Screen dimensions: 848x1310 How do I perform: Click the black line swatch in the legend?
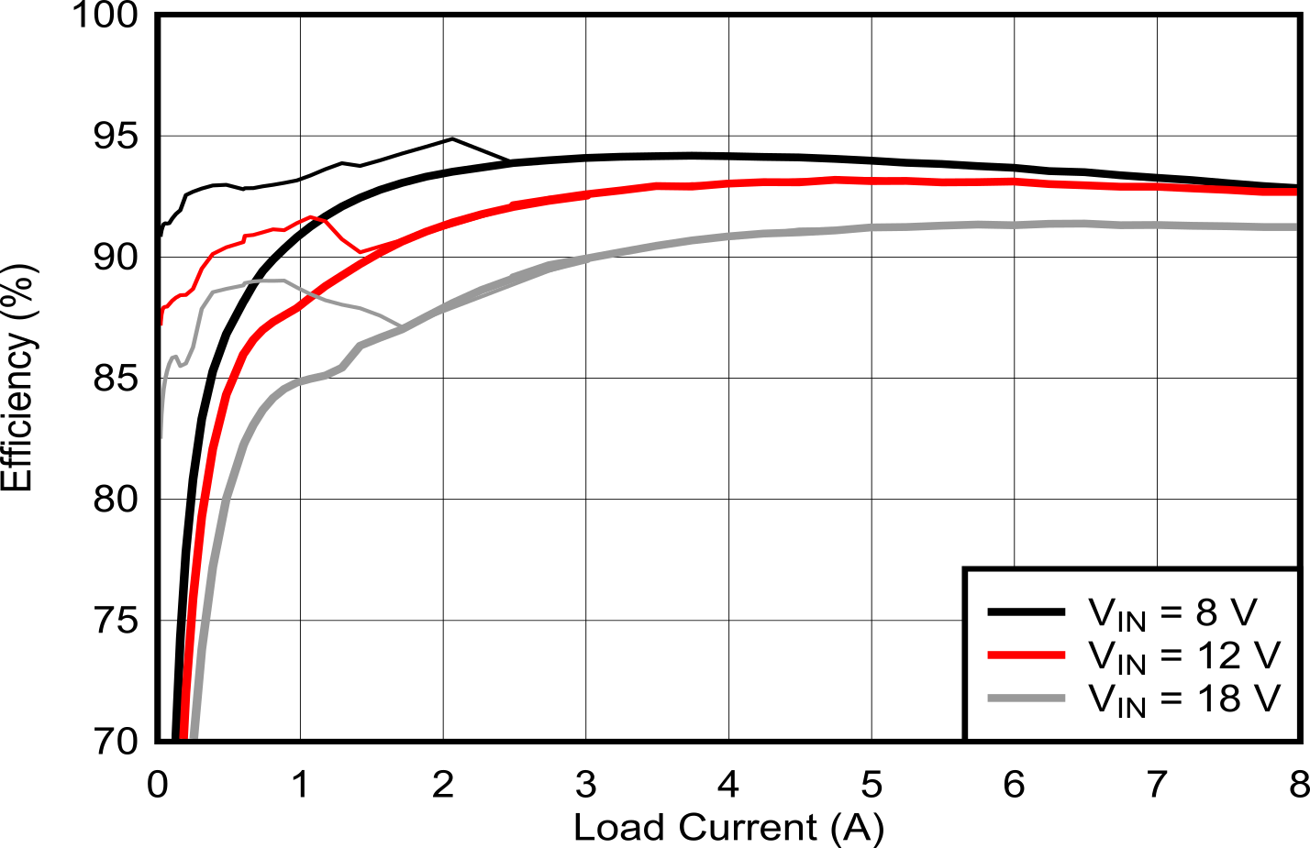point(1026,611)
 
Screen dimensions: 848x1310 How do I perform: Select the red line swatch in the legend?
point(1026,655)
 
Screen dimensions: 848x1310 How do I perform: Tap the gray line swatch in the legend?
point(1026,699)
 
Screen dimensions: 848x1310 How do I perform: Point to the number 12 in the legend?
point(1217,655)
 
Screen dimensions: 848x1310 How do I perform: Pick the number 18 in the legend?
point(1217,699)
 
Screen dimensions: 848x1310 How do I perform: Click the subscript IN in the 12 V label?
point(1132,664)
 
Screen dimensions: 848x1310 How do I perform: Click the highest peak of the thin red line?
point(312,216)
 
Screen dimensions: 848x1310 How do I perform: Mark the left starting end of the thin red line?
point(162,324)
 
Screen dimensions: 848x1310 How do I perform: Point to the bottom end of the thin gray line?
point(162,437)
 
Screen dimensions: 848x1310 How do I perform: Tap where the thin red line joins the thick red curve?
point(363,250)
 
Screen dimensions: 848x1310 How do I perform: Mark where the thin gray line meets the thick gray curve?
point(402,326)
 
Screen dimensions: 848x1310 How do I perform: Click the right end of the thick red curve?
point(1294,193)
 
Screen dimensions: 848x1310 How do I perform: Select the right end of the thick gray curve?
point(1294,226)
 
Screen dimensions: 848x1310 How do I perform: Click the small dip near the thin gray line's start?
point(181,366)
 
